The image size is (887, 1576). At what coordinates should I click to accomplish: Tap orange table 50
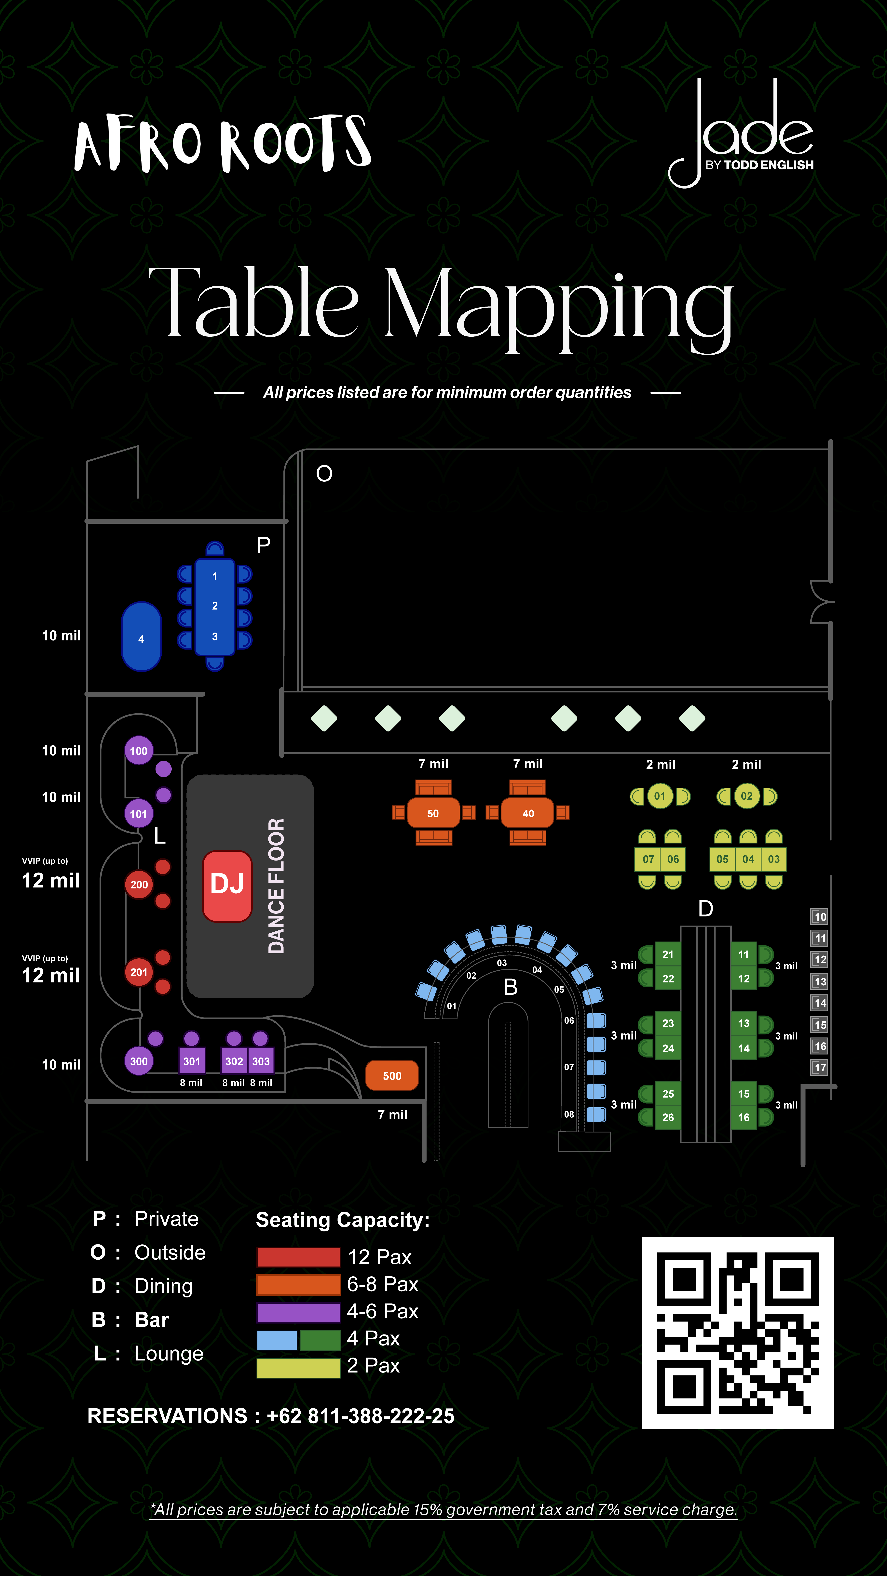coord(433,813)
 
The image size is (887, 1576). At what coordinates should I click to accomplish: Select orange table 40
coord(528,813)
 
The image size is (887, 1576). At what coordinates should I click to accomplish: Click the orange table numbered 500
coord(392,1076)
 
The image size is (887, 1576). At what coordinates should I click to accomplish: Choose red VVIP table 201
coord(139,972)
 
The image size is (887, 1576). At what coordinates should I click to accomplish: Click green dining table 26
coord(668,1117)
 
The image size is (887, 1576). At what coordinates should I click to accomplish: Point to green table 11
coord(743,954)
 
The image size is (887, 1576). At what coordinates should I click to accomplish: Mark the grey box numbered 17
coord(820,1068)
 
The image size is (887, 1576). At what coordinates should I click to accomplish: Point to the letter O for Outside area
coord(324,474)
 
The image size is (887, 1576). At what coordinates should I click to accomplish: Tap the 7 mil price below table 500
coord(392,1115)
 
